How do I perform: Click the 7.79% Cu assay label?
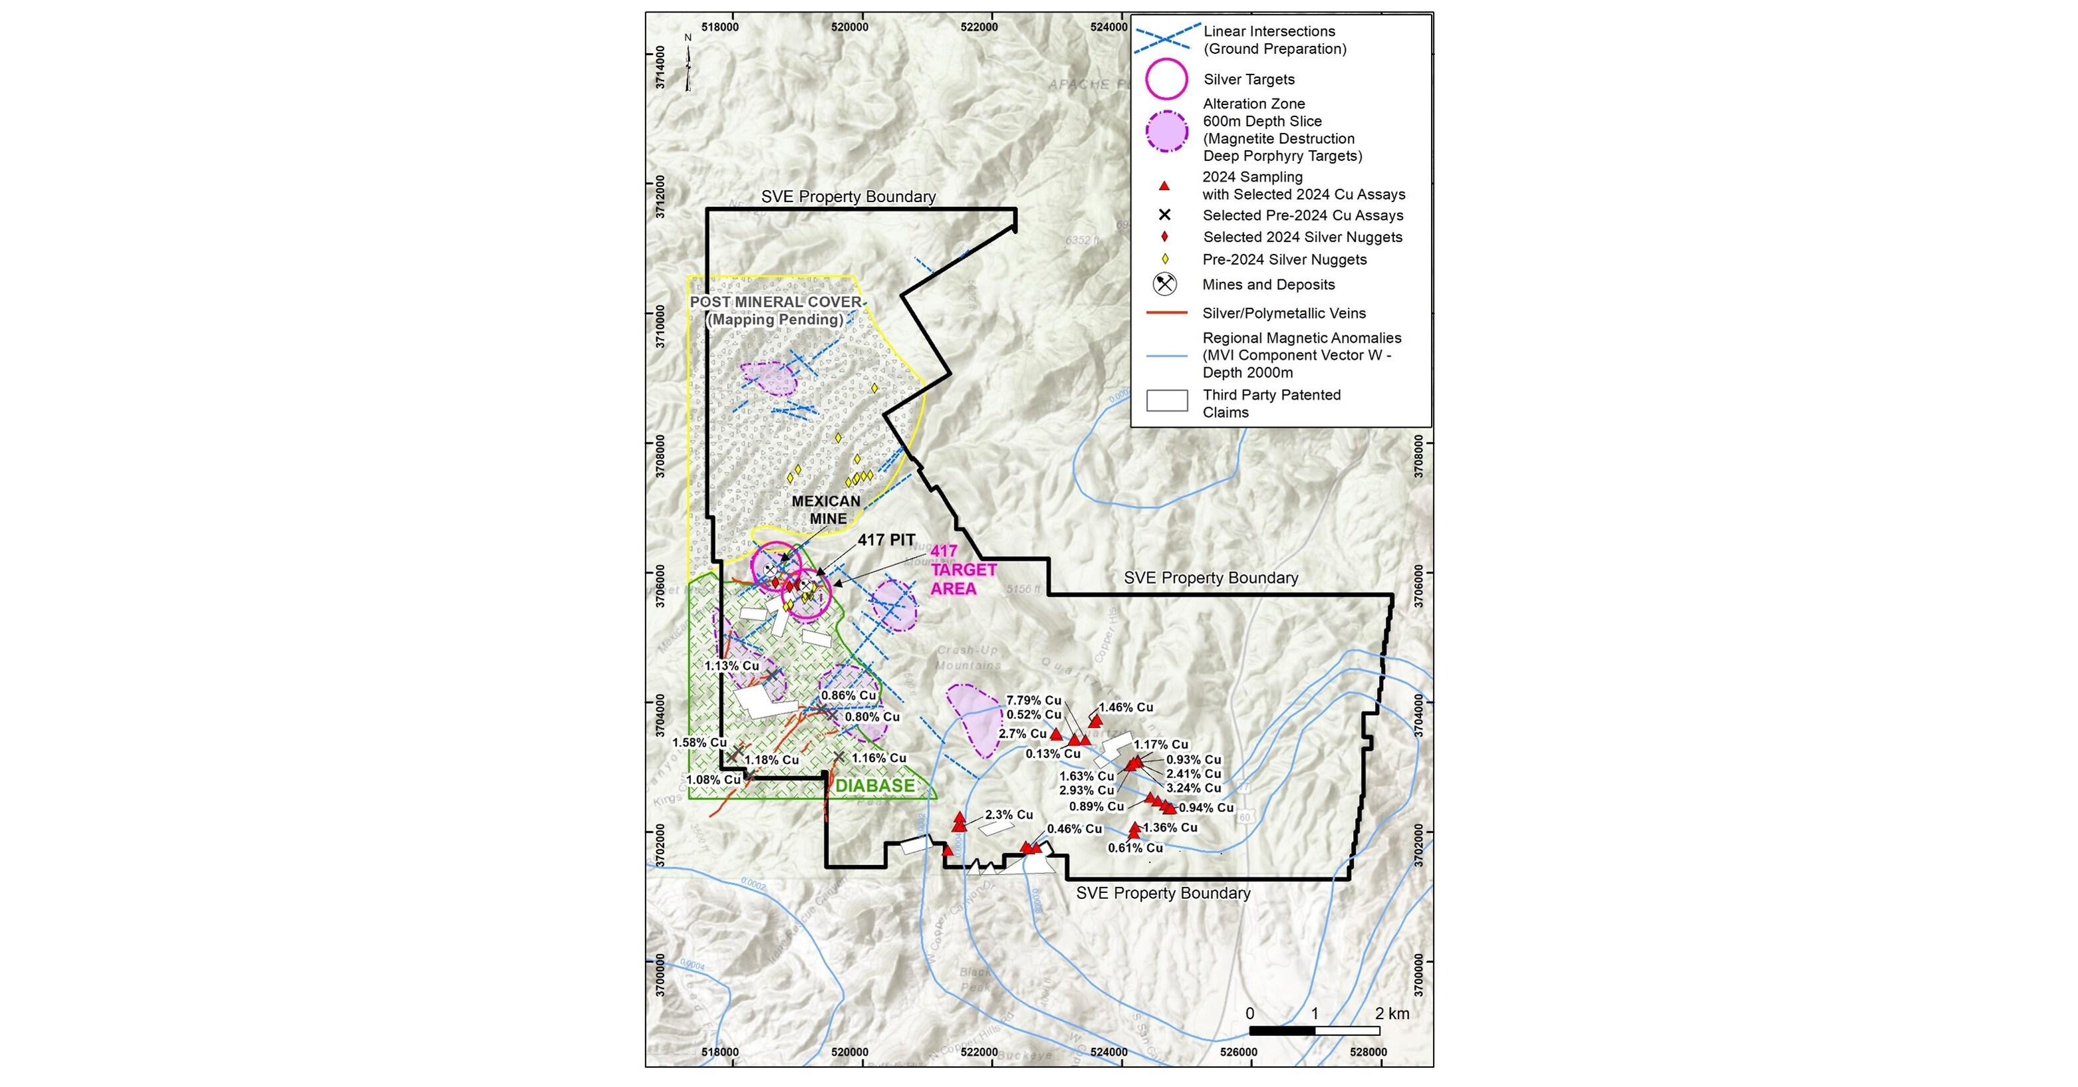point(1033,700)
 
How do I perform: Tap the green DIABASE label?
point(874,785)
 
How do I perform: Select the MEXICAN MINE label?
point(825,510)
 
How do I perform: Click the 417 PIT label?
point(886,539)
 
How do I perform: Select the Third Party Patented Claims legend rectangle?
point(1166,401)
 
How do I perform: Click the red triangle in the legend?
point(1164,185)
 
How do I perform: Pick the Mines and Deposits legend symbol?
point(1164,284)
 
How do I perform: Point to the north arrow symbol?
point(688,64)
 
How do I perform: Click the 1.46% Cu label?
point(1126,707)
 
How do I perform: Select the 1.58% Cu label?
point(700,742)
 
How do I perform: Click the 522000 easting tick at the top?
point(979,27)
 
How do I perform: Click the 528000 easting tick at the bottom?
point(1367,1052)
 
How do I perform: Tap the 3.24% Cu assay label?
point(1193,788)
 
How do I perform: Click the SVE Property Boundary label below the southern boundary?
point(1162,893)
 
